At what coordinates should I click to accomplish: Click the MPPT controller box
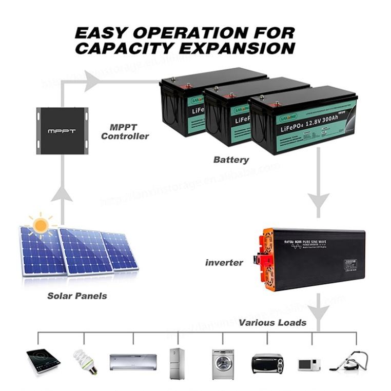pyautogui.click(x=62, y=130)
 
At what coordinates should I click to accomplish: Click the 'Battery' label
pyautogui.click(x=231, y=160)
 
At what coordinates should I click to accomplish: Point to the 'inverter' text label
pyautogui.click(x=224, y=263)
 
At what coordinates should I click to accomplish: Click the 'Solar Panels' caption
pyautogui.click(x=77, y=296)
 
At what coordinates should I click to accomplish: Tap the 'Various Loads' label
pyautogui.click(x=272, y=323)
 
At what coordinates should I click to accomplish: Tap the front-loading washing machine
pyautogui.click(x=223, y=364)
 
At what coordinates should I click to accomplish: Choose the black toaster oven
pyautogui.click(x=267, y=363)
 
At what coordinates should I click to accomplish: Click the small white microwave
pyautogui.click(x=309, y=365)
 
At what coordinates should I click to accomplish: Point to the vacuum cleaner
pyautogui.click(x=351, y=361)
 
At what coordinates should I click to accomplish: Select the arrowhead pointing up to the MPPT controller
pyautogui.click(x=62, y=193)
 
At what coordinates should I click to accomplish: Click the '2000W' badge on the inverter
pyautogui.click(x=351, y=262)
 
